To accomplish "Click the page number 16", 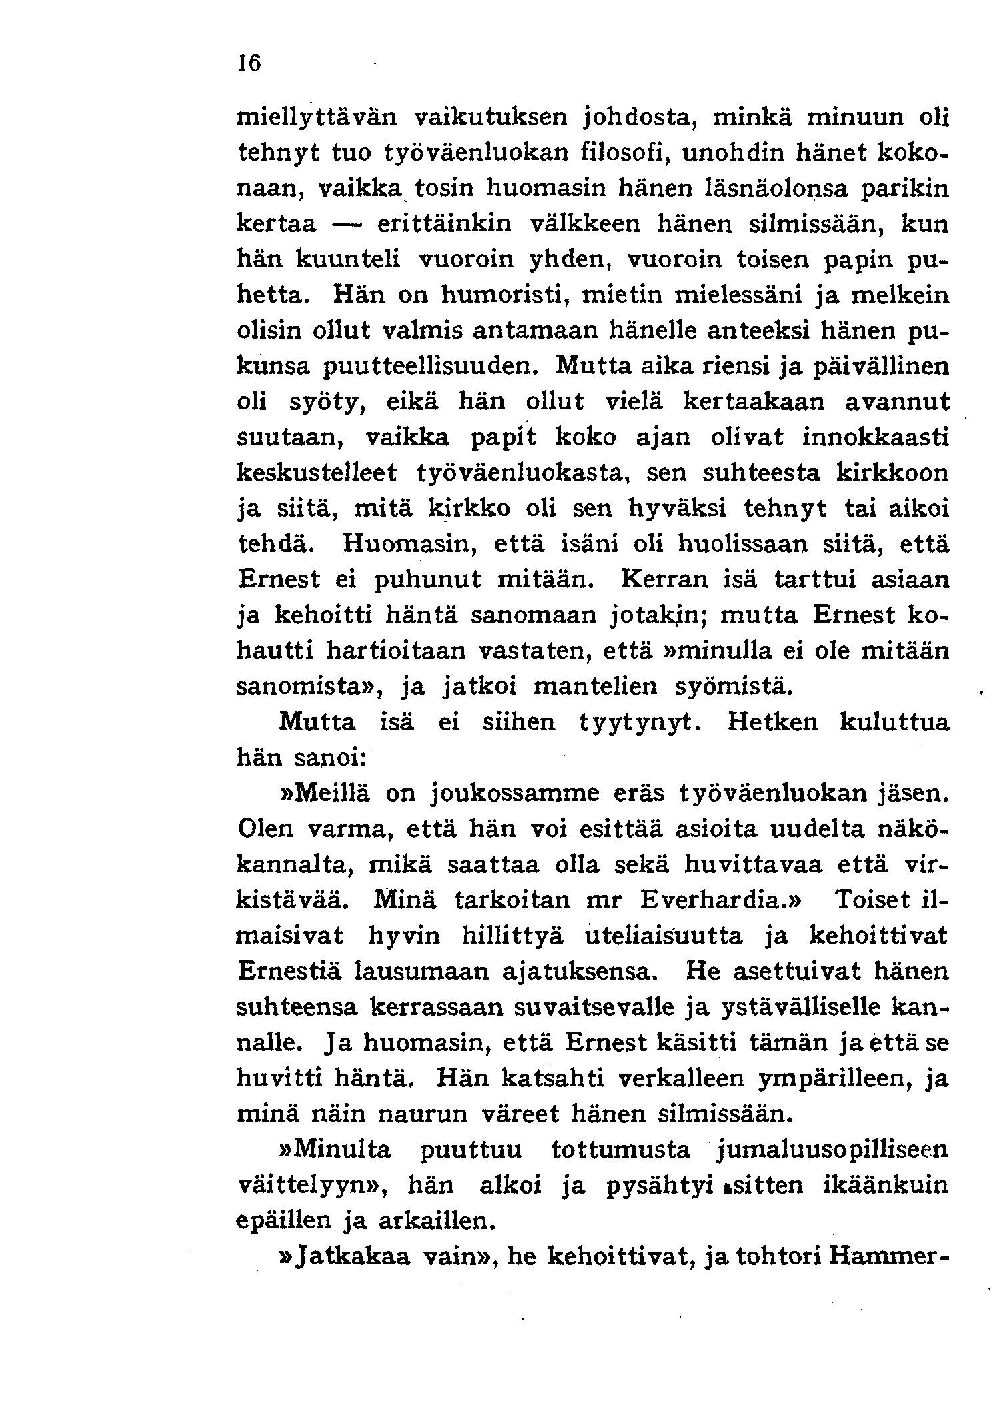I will coord(249,63).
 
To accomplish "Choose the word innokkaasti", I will coord(875,438).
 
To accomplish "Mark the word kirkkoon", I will coord(892,474).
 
